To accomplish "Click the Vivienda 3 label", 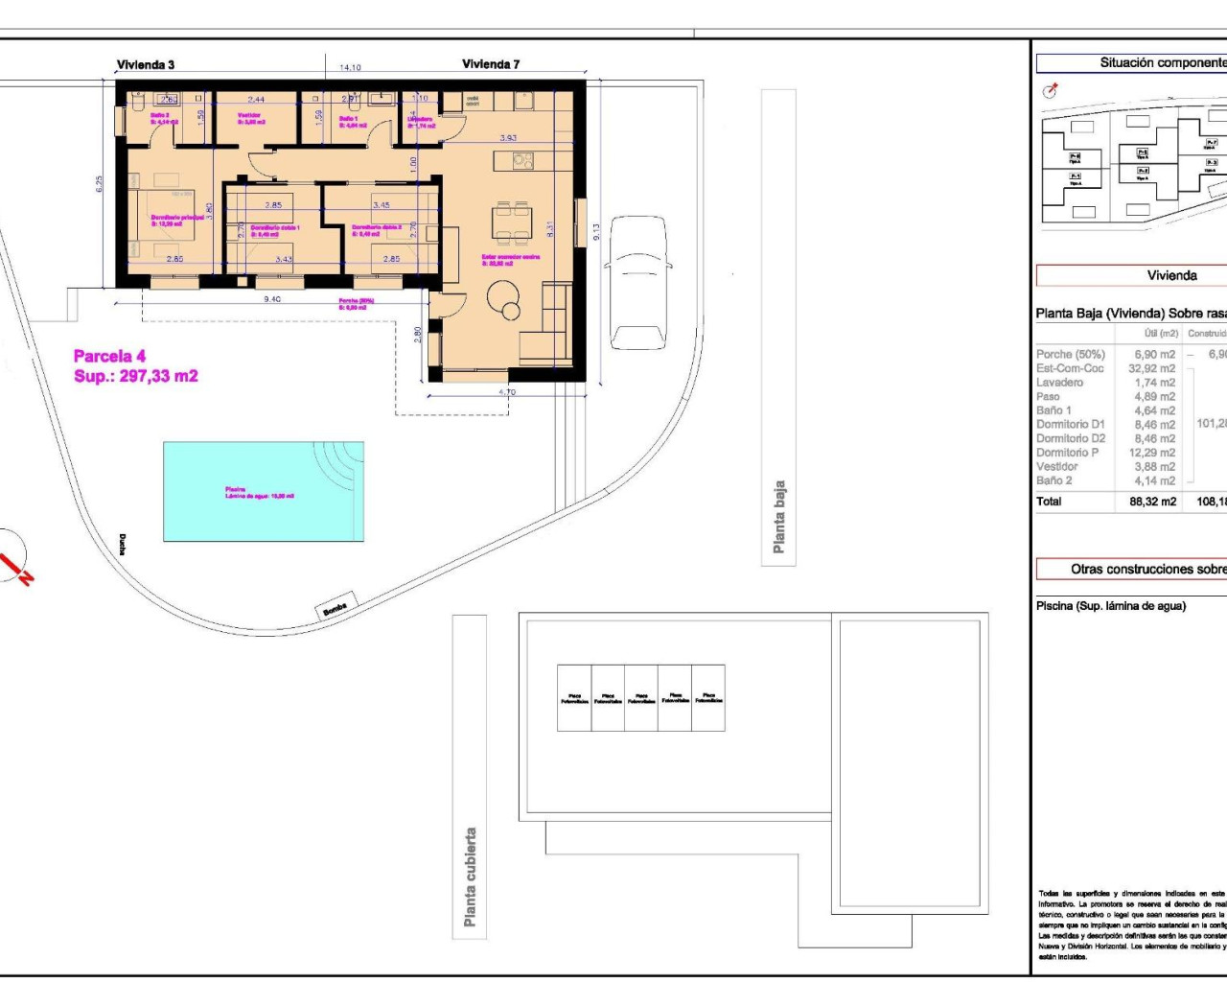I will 146,65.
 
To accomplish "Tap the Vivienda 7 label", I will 491,64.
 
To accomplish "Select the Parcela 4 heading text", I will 109,357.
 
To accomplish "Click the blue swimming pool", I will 263,491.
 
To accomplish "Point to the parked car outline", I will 640,282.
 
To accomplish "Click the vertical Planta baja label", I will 779,517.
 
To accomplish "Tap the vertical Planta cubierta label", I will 470,877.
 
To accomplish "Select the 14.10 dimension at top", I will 350,68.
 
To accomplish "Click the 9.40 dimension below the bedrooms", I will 272,299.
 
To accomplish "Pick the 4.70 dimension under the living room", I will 507,391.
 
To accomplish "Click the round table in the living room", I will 504,306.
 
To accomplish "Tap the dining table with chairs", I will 510,222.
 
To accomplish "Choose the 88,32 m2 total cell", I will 1153,502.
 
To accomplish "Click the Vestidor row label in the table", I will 1056,467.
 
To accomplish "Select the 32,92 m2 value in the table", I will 1152,368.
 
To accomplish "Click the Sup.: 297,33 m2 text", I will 135,377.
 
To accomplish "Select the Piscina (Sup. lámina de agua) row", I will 1110,606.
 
